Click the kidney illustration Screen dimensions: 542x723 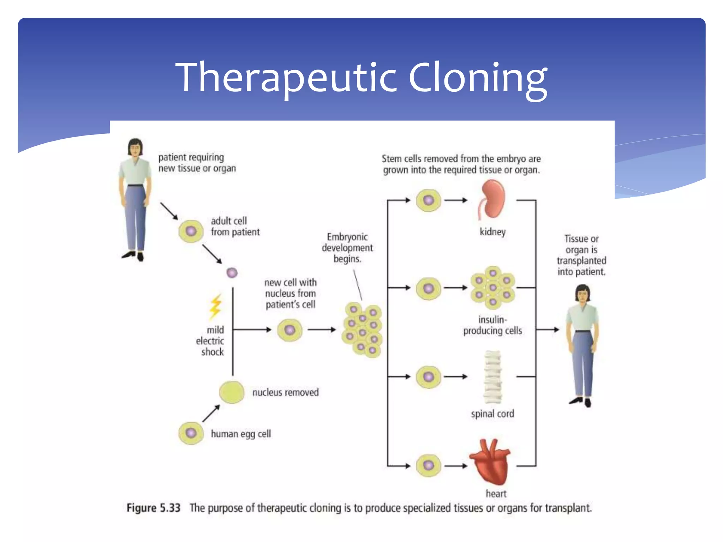(x=493, y=199)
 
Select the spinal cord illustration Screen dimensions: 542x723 (x=492, y=377)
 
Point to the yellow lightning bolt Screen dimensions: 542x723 (x=216, y=306)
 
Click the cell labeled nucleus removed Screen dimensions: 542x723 (x=232, y=392)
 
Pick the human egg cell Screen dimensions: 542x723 (x=191, y=433)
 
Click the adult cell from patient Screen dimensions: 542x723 (x=191, y=231)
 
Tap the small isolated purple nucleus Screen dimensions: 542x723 (x=232, y=273)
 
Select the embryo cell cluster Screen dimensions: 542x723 (x=362, y=330)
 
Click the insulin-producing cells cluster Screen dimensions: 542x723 (x=493, y=288)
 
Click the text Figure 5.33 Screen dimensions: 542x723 (x=154, y=508)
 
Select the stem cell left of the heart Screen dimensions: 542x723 (x=428, y=465)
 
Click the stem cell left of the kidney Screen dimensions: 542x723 (x=428, y=200)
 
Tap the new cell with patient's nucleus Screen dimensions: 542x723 (x=289, y=330)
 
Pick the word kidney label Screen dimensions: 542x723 (x=492, y=232)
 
